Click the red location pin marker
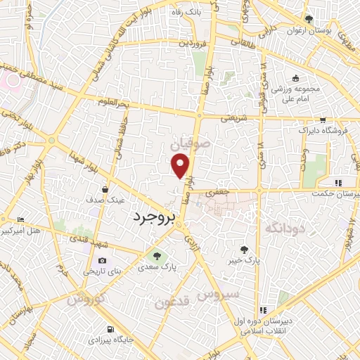click(181, 166)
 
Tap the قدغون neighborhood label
click(169, 302)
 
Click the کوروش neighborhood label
click(85, 299)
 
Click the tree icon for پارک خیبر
click(243, 250)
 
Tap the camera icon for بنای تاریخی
click(103, 261)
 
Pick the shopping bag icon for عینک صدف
click(105, 188)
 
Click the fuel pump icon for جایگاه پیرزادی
click(110, 329)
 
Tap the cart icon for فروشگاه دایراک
click(322, 120)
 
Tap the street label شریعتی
click(236, 119)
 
